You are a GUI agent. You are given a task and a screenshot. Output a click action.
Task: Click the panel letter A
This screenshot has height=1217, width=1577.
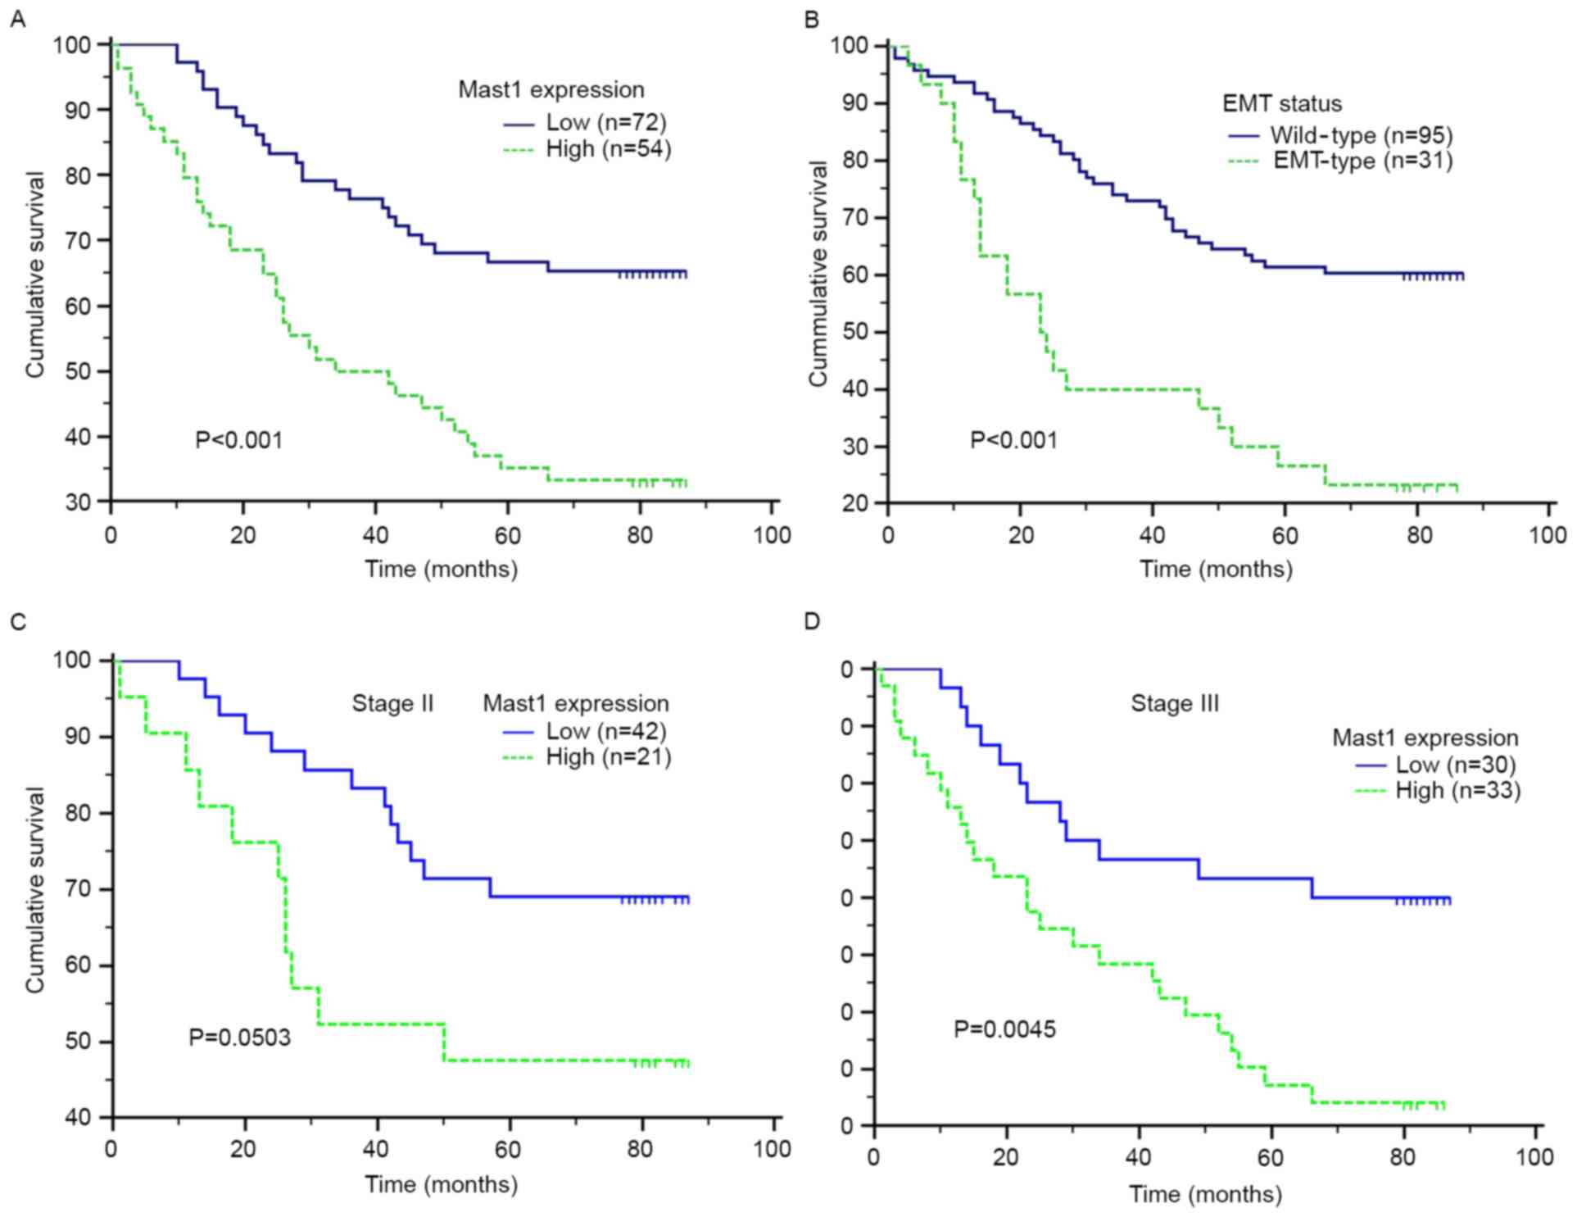click(16, 18)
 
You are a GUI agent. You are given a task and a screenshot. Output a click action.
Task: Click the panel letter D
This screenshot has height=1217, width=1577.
click(812, 620)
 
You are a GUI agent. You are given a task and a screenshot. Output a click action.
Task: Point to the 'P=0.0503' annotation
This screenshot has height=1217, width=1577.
click(239, 1038)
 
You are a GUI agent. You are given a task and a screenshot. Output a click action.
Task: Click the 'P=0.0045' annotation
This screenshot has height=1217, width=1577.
click(1004, 1029)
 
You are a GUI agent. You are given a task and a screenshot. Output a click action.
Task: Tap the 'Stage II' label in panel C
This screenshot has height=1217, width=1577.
click(392, 704)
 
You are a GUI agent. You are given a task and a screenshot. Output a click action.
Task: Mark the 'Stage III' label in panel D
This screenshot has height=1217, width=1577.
click(1175, 704)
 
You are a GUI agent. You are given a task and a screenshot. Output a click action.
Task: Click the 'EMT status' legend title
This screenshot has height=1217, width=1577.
click(1282, 104)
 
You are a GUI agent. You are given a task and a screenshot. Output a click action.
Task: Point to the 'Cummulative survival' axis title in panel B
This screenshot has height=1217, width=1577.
click(818, 273)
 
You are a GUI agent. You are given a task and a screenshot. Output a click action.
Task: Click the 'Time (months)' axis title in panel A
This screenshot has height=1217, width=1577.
click(441, 569)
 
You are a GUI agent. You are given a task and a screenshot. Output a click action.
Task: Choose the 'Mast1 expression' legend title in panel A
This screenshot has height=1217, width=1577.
click(551, 89)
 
